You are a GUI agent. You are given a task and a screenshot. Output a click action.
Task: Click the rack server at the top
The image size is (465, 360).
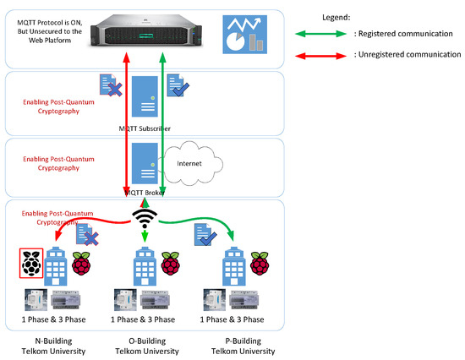(x=146, y=31)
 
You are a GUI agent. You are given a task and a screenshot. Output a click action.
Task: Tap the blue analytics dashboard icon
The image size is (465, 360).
(x=244, y=35)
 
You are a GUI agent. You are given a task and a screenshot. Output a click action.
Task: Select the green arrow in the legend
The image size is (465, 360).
(x=320, y=34)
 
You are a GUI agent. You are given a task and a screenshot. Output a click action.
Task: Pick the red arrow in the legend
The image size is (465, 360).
(x=320, y=56)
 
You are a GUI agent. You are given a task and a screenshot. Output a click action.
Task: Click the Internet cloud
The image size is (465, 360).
(x=191, y=163)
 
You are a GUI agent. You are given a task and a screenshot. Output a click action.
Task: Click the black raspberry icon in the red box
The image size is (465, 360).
(x=31, y=264)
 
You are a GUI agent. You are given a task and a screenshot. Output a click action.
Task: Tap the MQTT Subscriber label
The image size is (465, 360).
(x=145, y=128)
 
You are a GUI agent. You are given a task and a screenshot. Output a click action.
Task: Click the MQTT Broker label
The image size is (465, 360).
(x=145, y=193)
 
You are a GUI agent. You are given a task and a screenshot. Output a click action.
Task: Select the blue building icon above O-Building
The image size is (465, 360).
(x=145, y=266)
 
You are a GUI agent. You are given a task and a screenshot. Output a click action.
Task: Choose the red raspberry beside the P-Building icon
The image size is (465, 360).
(x=260, y=264)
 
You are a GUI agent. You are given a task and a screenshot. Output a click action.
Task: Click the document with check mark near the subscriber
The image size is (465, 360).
(x=178, y=85)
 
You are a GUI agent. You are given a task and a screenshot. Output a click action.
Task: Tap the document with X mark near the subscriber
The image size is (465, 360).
(x=111, y=85)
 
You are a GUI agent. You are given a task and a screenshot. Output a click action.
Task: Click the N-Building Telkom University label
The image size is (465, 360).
(x=53, y=346)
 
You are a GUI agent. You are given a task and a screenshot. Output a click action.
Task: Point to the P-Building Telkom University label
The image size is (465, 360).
(x=243, y=346)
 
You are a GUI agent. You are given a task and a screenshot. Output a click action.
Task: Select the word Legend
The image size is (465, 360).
(x=336, y=18)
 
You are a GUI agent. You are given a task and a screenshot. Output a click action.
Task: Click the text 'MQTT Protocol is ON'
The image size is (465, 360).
(x=50, y=23)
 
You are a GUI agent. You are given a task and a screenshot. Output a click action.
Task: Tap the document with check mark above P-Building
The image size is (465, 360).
(x=205, y=235)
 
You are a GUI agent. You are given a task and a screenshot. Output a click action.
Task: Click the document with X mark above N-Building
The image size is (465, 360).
(x=87, y=234)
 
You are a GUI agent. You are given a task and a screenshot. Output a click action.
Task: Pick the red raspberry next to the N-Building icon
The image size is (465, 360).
(x=81, y=264)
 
